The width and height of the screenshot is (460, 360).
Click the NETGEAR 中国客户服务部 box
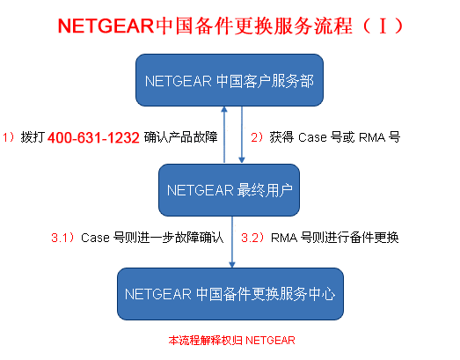pos(230,80)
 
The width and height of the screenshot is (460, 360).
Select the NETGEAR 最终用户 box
pos(229,190)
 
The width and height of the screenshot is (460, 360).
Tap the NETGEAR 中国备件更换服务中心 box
pos(230,294)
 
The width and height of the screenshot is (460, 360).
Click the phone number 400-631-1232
pos(93,137)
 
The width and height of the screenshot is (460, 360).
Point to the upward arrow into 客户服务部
pos(224,134)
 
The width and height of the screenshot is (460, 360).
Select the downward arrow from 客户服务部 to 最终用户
pos(242,135)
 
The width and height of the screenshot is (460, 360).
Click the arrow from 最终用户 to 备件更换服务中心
pos(232,242)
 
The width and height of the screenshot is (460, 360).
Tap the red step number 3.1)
pos(63,238)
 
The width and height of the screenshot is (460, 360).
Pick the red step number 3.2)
pos(252,238)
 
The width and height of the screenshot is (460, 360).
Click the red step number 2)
pos(257,137)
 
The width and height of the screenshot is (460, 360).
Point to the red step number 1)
pos(9,137)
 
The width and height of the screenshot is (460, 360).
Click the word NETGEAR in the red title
pos(106,26)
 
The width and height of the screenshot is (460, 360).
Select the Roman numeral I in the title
pos(383,26)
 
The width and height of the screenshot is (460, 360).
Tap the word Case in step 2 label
pos(312,137)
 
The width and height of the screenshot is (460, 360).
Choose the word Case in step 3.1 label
pos(95,238)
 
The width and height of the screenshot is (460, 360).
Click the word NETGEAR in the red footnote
pos(270,341)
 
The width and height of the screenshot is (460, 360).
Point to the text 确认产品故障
pos(180,137)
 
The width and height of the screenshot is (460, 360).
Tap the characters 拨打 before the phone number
pos(33,137)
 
